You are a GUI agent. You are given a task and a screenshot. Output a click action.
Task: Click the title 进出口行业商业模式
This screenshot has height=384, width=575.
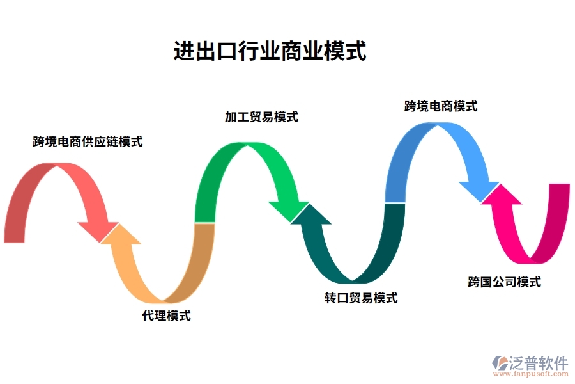tap(270, 51)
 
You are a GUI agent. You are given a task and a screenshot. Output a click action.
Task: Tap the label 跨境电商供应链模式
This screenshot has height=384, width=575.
tap(88, 141)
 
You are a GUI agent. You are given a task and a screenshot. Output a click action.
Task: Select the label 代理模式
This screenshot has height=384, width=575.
tap(166, 316)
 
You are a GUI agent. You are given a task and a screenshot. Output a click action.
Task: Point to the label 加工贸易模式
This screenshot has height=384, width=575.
tap(261, 117)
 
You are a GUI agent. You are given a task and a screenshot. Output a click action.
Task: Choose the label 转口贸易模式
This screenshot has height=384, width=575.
tap(360, 298)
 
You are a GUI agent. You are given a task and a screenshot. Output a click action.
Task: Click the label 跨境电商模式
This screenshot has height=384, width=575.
tap(441, 106)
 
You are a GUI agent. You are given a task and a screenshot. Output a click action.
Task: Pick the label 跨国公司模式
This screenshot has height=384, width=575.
tap(504, 282)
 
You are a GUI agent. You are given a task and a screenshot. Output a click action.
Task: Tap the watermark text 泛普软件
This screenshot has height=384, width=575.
tap(539, 363)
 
